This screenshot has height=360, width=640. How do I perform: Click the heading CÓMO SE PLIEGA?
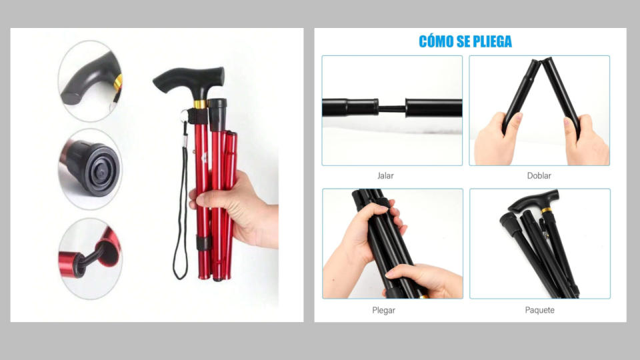point(465,41)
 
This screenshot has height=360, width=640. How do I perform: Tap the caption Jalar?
point(385,176)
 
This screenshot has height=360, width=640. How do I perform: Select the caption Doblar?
point(539,176)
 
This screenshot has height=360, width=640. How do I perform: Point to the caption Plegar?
point(384,310)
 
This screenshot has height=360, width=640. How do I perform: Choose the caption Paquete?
point(539,310)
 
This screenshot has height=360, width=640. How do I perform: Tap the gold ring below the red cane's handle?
point(199,105)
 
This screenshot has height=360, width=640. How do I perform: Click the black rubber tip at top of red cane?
point(217,114)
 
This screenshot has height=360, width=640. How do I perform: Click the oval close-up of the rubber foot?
point(90,169)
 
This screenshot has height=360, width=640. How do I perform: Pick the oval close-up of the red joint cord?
point(90,259)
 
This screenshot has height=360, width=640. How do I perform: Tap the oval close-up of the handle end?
point(90,81)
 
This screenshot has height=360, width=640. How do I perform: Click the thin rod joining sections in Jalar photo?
point(392,109)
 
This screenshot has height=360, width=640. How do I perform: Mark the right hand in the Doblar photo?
point(586,141)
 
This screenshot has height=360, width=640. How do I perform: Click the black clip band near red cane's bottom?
point(203,243)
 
